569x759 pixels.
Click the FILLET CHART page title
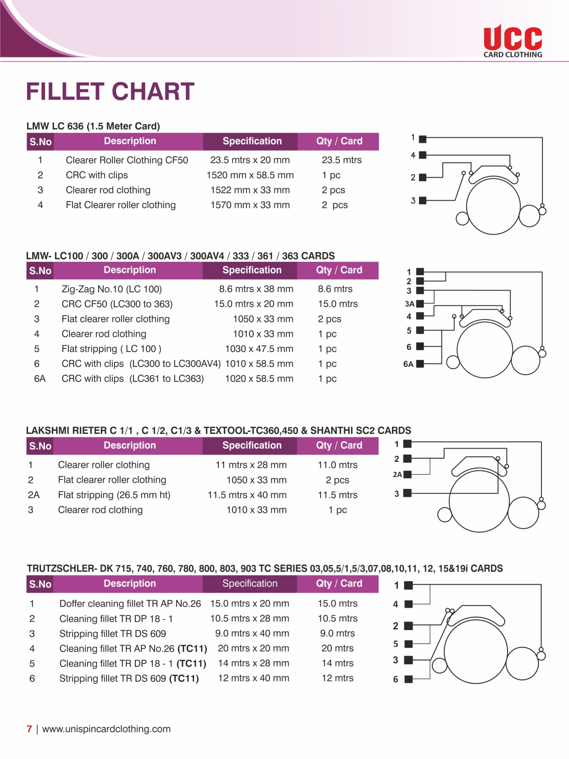(110, 91)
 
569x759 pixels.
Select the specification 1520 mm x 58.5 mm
(250, 175)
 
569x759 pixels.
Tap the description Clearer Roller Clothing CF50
(127, 160)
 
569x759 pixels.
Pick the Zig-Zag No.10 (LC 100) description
(112, 289)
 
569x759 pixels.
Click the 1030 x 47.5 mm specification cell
(259, 349)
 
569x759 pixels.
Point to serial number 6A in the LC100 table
(39, 379)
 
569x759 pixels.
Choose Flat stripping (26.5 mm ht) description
(114, 495)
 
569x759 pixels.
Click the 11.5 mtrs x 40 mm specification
(247, 495)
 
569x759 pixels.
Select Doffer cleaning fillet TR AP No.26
(130, 604)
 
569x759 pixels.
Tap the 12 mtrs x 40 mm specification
(253, 678)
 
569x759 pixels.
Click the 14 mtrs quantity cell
(337, 663)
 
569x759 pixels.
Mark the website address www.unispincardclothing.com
(106, 729)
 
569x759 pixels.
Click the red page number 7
(29, 729)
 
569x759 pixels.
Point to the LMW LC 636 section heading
(93, 126)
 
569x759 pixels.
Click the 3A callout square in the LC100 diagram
(419, 304)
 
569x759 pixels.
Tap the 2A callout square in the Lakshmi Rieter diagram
(407, 474)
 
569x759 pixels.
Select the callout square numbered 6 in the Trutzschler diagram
(408, 679)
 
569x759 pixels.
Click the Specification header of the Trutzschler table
(250, 584)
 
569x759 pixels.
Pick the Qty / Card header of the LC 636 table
(339, 141)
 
